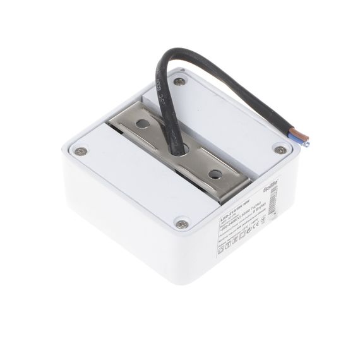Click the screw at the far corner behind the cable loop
pos(181,81)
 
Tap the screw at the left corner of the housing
pos(80,151)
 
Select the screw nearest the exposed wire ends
pos(279,150)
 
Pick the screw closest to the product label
pos(181,222)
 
